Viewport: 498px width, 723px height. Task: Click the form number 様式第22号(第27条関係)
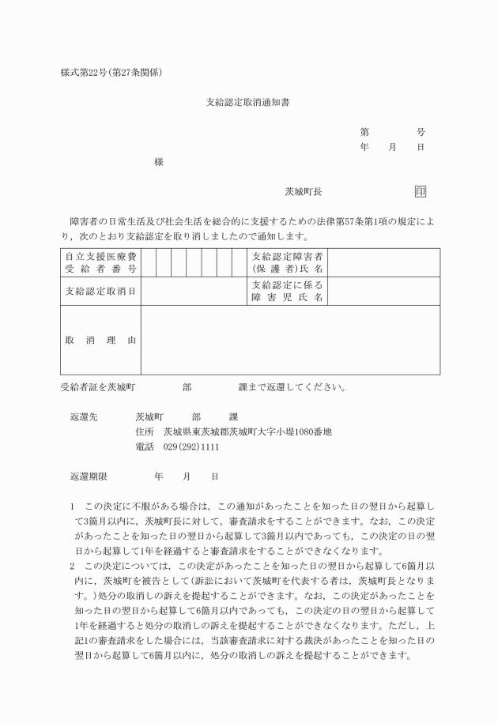111,72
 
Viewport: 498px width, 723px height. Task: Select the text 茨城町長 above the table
304,192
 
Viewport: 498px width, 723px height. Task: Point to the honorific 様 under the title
159,161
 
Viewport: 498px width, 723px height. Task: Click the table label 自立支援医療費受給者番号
100,262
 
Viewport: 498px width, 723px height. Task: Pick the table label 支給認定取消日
100,292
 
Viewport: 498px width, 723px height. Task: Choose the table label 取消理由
100,340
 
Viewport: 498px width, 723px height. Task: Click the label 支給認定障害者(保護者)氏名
288,262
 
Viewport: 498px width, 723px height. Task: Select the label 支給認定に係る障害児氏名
288,291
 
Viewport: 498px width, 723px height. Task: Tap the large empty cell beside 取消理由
290,340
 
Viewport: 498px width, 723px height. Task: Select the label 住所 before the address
145,432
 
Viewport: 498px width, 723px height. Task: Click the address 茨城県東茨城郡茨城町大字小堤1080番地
247,432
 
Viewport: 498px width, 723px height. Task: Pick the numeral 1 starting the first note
72,505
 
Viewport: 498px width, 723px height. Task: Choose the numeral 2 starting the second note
72,566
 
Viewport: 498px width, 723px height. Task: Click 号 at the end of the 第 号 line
421,132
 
